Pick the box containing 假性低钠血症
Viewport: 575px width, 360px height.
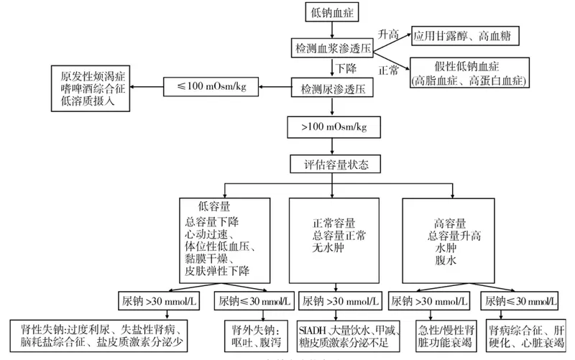click(x=467, y=73)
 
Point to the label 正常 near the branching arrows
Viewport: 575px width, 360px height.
click(x=387, y=70)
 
